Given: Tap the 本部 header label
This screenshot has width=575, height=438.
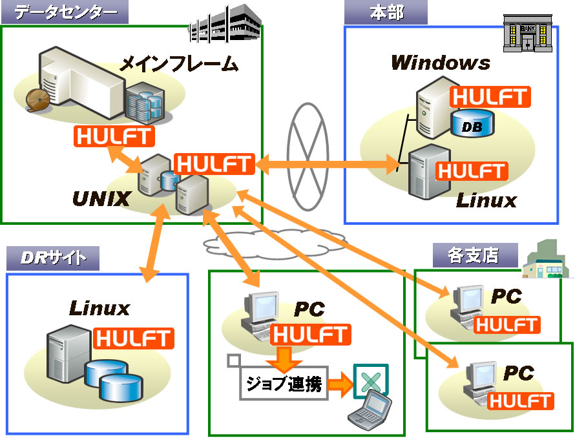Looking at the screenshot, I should point(386,12).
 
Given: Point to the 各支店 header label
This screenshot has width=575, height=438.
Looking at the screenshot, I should point(474,255).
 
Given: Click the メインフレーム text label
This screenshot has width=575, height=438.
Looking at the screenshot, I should point(180,64).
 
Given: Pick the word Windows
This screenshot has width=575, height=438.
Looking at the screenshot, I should point(440,63).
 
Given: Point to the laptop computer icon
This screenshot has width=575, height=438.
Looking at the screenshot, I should point(370,412).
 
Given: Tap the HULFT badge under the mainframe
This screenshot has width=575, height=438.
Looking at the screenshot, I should point(115,136).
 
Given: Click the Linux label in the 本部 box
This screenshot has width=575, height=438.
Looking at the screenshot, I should point(486,200).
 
